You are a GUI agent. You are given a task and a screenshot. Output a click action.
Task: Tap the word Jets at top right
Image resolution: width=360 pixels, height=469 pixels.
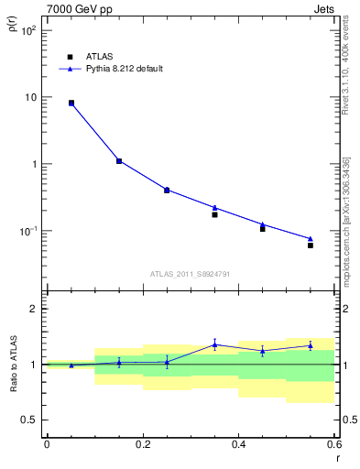tap(325, 8)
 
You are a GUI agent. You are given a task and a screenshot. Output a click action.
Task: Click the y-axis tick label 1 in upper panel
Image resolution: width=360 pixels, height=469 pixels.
tap(33, 164)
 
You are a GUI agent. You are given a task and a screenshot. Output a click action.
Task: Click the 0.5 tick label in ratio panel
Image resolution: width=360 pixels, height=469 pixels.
tap(29, 420)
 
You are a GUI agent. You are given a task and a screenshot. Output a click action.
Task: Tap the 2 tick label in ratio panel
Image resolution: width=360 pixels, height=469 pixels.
tap(33, 309)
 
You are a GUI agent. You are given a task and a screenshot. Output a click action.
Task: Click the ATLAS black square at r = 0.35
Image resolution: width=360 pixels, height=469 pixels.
tap(214, 214)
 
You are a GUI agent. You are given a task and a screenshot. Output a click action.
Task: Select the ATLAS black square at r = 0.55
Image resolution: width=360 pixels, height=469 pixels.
tap(311, 245)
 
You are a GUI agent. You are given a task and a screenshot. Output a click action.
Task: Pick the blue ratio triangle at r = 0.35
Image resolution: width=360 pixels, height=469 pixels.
tap(214, 344)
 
